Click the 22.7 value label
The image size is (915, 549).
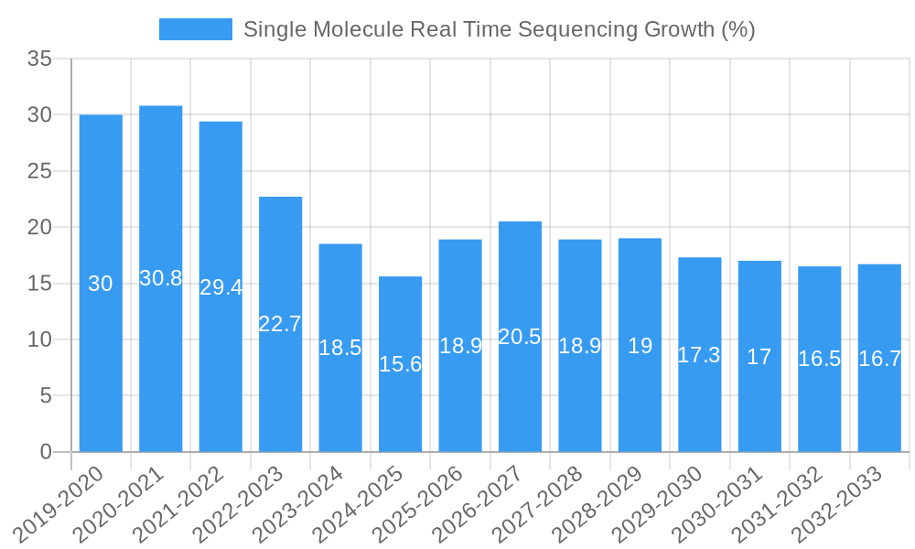280,324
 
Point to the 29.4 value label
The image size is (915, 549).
221,287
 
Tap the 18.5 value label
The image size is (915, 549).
340,348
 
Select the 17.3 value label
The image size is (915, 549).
699,355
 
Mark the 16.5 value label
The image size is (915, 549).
819,359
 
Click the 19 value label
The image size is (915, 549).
640,346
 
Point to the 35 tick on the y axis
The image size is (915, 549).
39,59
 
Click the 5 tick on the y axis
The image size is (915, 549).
47,395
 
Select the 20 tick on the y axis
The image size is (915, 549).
39,227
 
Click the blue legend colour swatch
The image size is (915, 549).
195,29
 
